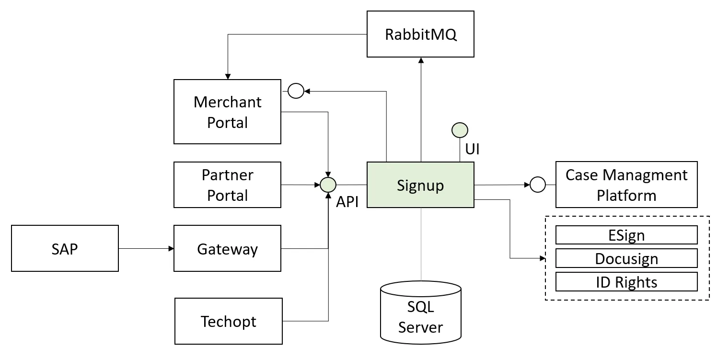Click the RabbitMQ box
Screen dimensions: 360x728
click(x=420, y=35)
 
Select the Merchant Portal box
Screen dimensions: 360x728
click(x=227, y=112)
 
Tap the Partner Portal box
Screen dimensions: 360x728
click(x=227, y=185)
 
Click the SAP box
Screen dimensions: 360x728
click(x=65, y=248)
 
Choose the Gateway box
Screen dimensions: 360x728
click(x=227, y=248)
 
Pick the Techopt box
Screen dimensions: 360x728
click(x=228, y=321)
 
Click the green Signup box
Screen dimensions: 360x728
click(x=420, y=185)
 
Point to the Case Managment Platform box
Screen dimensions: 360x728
click(x=626, y=185)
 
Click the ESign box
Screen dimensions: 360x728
click(x=626, y=235)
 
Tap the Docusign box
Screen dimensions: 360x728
click(x=626, y=258)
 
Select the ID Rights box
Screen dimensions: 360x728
click(x=626, y=281)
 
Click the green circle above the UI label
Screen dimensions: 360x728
click(x=460, y=130)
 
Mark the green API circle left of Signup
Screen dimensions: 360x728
click(x=328, y=185)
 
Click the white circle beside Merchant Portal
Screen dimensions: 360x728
click(x=296, y=91)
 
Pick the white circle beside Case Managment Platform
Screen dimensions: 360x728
click(x=537, y=184)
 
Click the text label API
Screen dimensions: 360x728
click(x=347, y=201)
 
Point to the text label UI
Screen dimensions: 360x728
click(x=472, y=149)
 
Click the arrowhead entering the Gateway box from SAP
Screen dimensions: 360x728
click(x=171, y=248)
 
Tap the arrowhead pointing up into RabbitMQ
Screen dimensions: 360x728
click(x=420, y=60)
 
